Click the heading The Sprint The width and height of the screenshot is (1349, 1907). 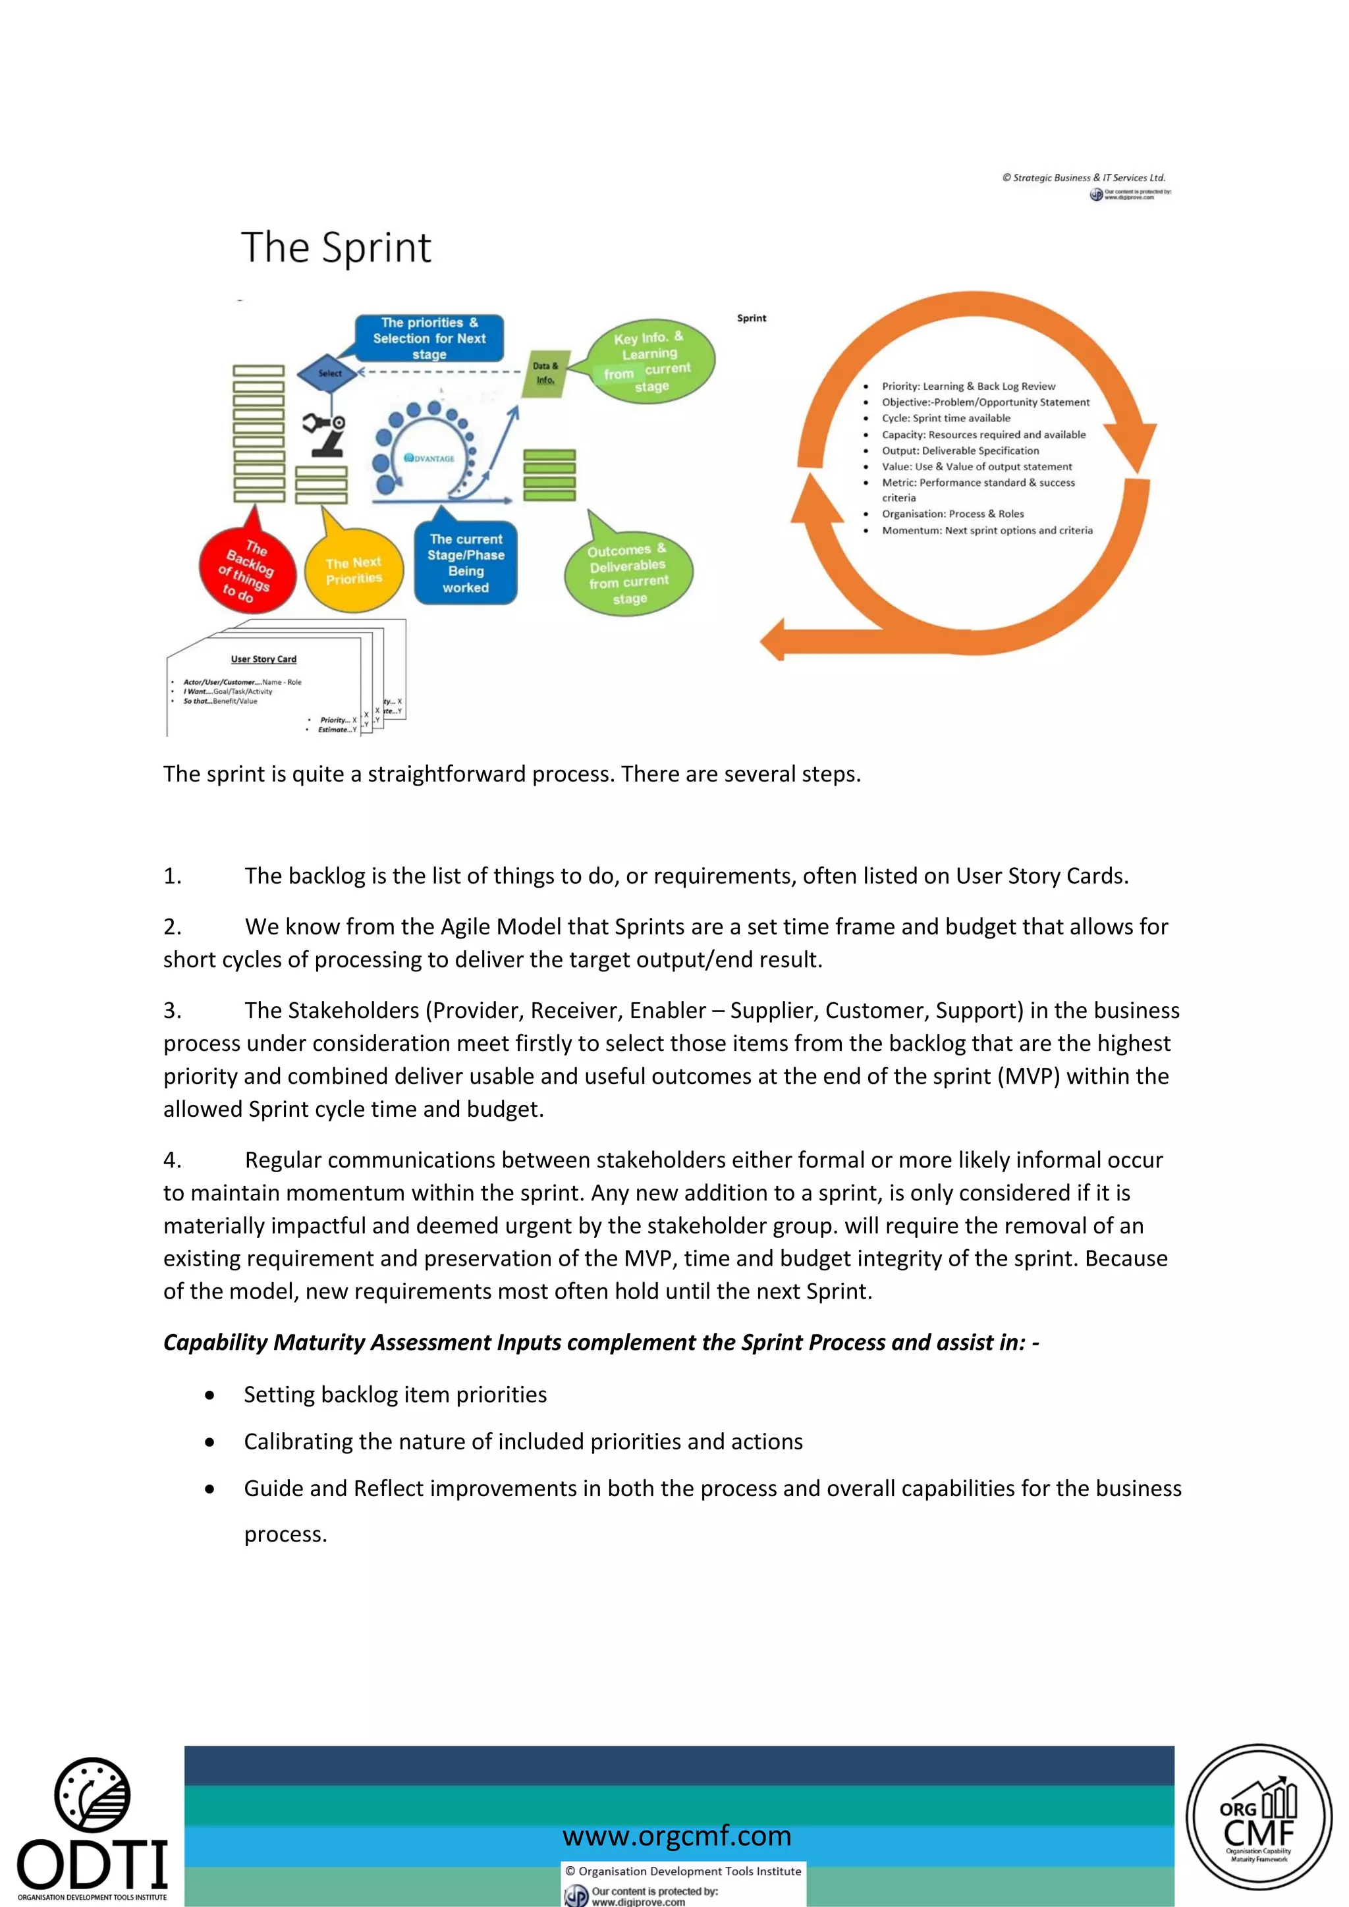[335, 248]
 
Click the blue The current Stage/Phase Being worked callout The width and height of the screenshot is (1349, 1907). [466, 563]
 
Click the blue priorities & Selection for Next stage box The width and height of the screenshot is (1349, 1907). [429, 338]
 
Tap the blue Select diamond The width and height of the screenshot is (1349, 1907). [330, 373]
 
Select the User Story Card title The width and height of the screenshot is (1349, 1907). [263, 658]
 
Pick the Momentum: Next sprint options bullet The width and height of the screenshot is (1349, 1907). [987, 530]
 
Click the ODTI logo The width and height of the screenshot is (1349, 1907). [92, 1828]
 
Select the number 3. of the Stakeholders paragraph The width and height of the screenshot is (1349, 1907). [172, 1010]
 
